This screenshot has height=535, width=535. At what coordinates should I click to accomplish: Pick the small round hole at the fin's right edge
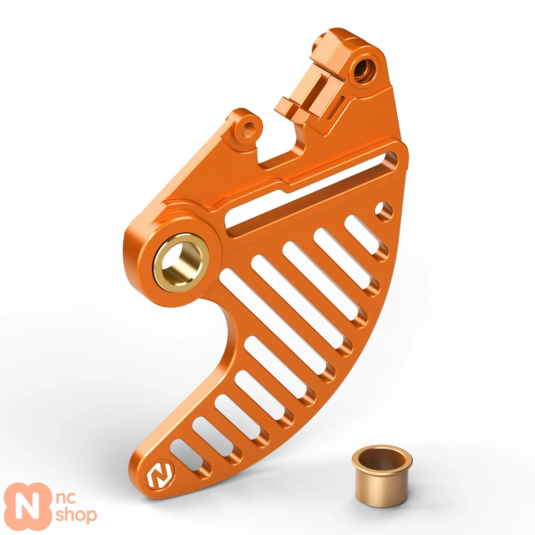383,210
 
